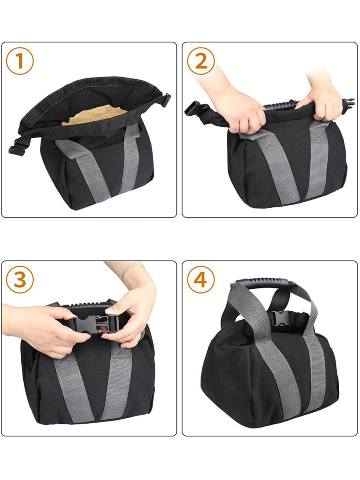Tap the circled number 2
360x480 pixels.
pyautogui.click(x=201, y=61)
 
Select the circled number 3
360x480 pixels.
pyautogui.click(x=20, y=280)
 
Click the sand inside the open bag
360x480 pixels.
pyautogui.click(x=94, y=116)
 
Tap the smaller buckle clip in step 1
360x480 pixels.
pyautogui.click(x=166, y=100)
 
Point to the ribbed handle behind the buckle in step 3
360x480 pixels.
pyautogui.click(x=88, y=306)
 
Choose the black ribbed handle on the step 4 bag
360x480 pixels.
pyautogui.click(x=264, y=285)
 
